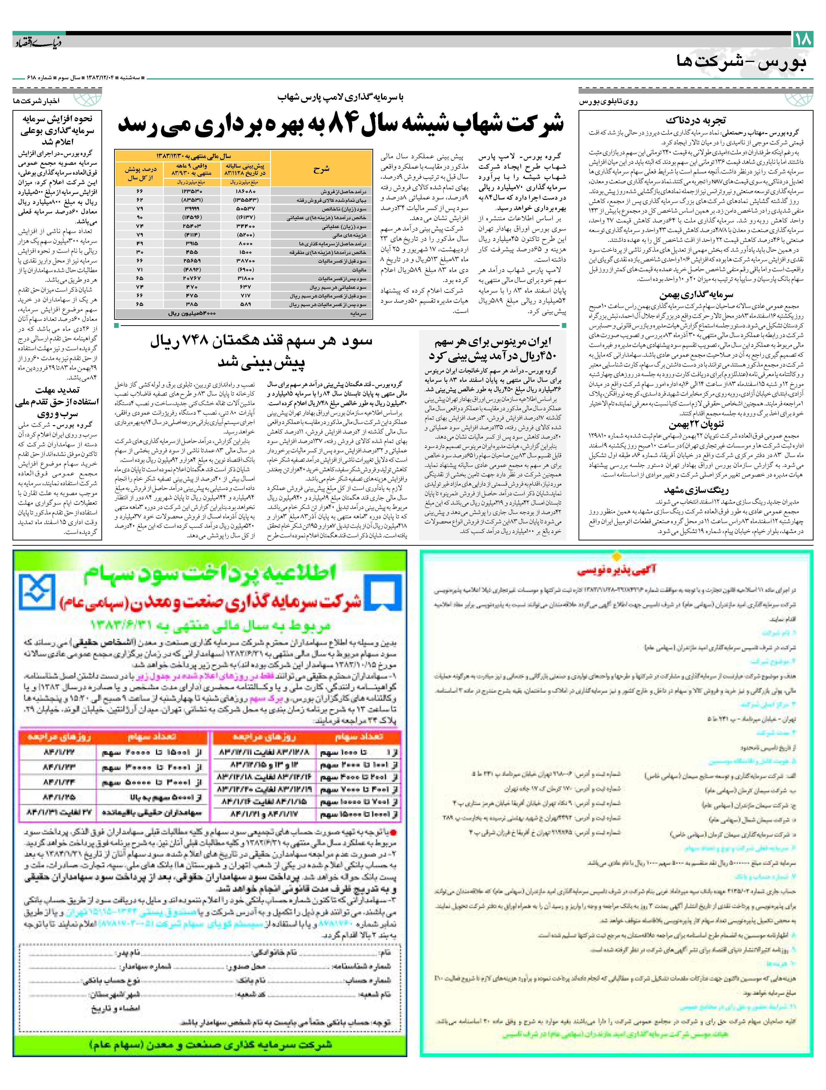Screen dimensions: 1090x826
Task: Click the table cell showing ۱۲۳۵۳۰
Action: pos(191,191)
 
